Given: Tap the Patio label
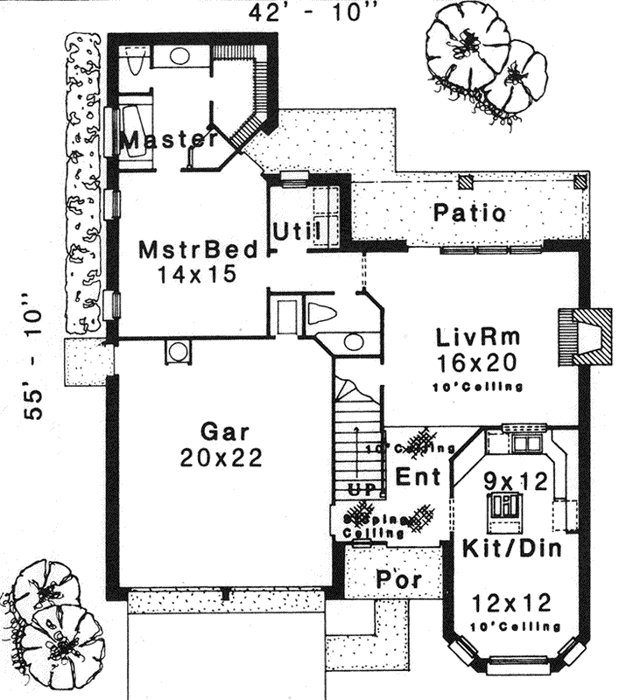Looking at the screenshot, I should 469,213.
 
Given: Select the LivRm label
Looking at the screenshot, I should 477,337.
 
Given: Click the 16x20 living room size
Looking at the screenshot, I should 477,361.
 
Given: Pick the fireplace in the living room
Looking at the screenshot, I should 585,336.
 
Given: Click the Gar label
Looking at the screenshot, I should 225,432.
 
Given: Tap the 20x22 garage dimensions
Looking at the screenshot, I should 225,457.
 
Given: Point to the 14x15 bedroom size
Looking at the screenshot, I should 198,274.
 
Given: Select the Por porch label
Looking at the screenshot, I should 398,580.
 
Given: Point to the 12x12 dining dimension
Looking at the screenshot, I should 510,603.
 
